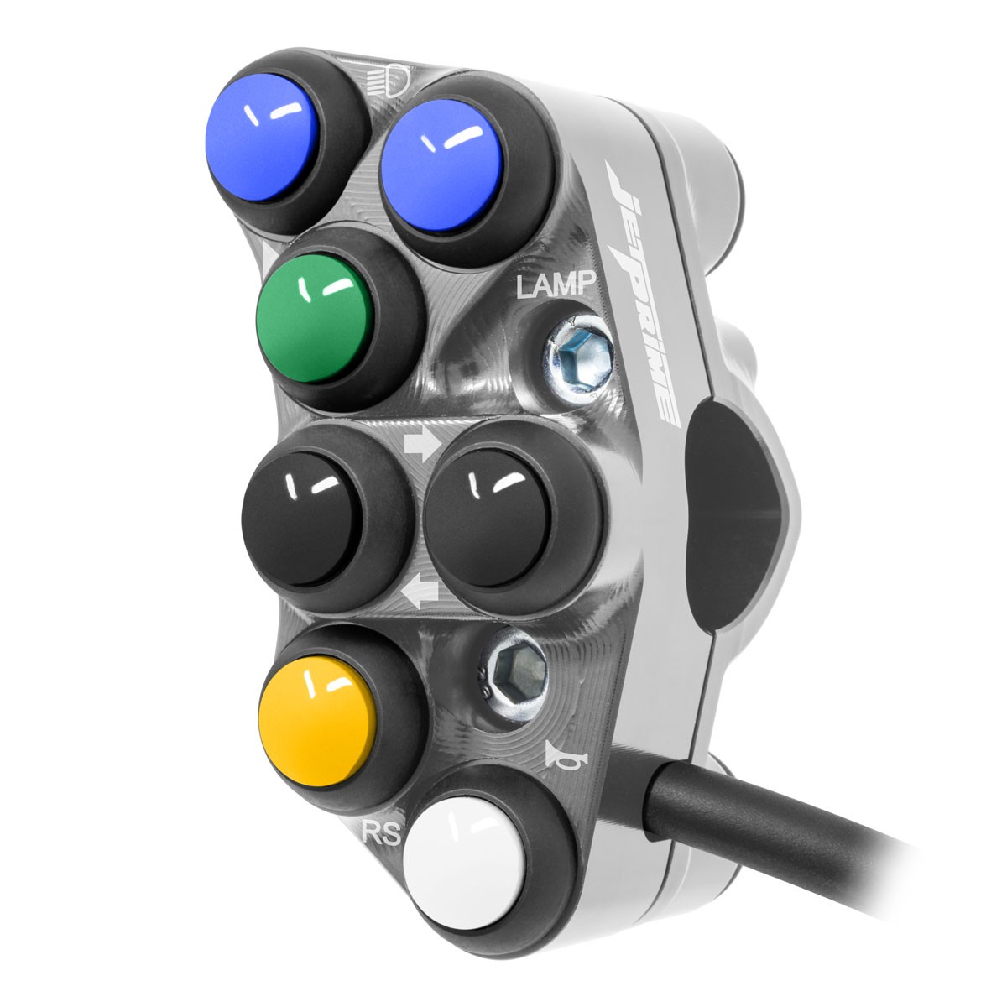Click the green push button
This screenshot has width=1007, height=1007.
pyautogui.click(x=315, y=319)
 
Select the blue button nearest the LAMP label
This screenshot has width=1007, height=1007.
pyautogui.click(x=441, y=164)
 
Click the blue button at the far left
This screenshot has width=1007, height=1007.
pyautogui.click(x=262, y=137)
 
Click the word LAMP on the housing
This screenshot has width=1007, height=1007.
pyautogui.click(x=556, y=284)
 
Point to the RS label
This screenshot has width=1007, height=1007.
pyautogui.click(x=382, y=833)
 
